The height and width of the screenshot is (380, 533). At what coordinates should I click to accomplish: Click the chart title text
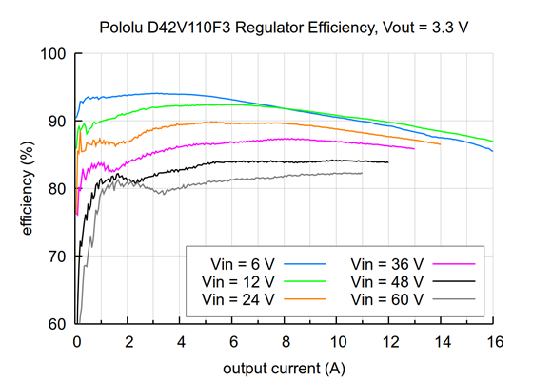[283, 28]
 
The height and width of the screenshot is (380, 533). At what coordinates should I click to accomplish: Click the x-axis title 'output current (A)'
[283, 367]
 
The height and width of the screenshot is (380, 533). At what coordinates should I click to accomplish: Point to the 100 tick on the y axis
[56, 54]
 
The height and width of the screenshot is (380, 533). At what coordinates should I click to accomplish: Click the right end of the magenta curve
[414, 148]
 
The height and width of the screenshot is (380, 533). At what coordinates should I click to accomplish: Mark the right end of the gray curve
[363, 173]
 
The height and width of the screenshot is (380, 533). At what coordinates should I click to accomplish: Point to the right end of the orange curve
[440, 143]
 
